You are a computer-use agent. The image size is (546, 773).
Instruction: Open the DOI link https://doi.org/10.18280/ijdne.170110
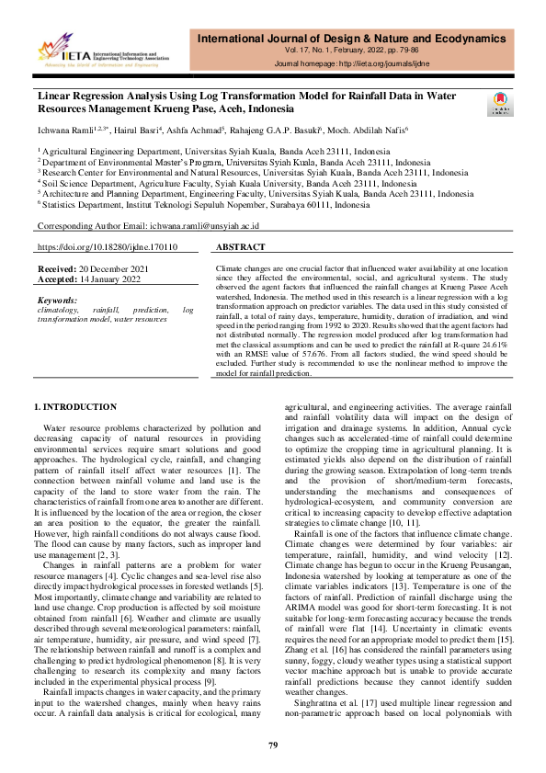[108, 247]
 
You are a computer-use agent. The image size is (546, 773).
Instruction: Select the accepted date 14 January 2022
[109, 277]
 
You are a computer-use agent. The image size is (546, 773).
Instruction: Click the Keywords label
[57, 301]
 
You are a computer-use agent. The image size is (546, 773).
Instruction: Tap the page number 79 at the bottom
[273, 745]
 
